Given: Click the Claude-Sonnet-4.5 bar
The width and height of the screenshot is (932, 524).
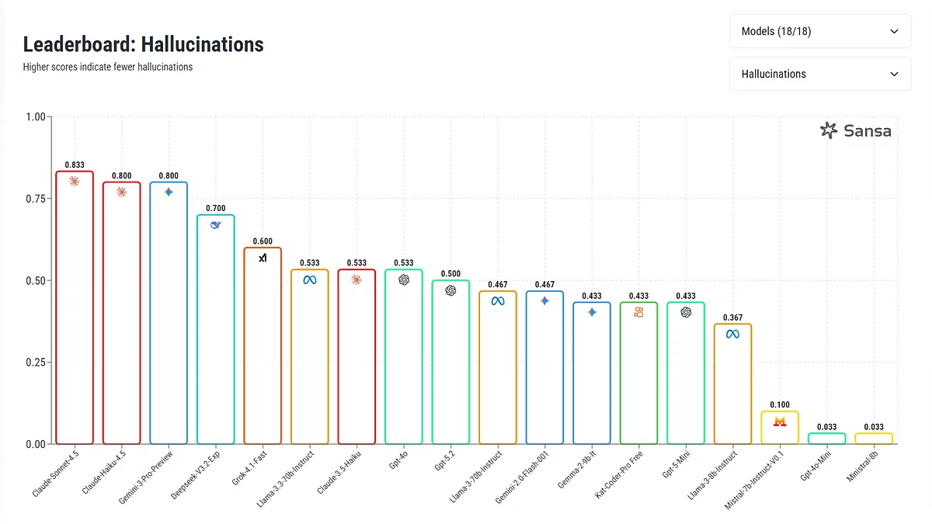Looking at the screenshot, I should click(75, 311).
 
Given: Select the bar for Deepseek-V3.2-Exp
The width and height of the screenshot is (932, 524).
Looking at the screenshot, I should click(215, 334).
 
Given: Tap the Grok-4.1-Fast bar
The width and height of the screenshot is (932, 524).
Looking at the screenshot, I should click(263, 349).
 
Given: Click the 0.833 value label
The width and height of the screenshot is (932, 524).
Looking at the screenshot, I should click(75, 165).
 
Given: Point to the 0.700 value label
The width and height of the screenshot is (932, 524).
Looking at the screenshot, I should click(215, 209).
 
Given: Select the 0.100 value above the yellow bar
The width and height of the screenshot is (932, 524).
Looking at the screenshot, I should click(780, 405).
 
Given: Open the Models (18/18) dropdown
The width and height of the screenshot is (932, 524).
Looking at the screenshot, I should click(820, 32).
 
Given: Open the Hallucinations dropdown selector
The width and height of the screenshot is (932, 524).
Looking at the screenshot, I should click(820, 74).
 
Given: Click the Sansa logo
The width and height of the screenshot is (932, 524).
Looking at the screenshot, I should click(856, 130).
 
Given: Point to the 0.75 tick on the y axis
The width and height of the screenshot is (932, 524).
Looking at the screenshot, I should click(36, 199).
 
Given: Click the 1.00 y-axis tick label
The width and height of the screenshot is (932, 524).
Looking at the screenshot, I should click(36, 117).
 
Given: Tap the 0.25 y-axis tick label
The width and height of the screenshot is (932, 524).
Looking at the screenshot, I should click(36, 363).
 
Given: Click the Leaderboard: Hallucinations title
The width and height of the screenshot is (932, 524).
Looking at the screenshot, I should click(144, 44).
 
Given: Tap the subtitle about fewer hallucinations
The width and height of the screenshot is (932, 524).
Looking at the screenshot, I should click(108, 67).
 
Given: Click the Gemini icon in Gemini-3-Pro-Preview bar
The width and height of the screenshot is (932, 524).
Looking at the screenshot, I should click(169, 192).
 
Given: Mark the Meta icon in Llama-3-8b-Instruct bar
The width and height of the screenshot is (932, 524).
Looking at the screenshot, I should click(732, 335).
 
